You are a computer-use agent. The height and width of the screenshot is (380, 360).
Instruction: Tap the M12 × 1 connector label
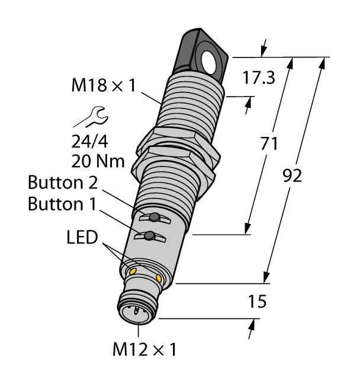145,347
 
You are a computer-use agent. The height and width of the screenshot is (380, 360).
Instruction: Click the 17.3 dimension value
258,78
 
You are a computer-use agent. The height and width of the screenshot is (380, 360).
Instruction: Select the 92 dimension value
293,175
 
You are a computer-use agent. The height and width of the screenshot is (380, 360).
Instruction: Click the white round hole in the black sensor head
210,59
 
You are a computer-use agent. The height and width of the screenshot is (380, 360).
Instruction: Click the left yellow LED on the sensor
133,271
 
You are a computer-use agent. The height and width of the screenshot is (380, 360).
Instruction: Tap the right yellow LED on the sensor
159,278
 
